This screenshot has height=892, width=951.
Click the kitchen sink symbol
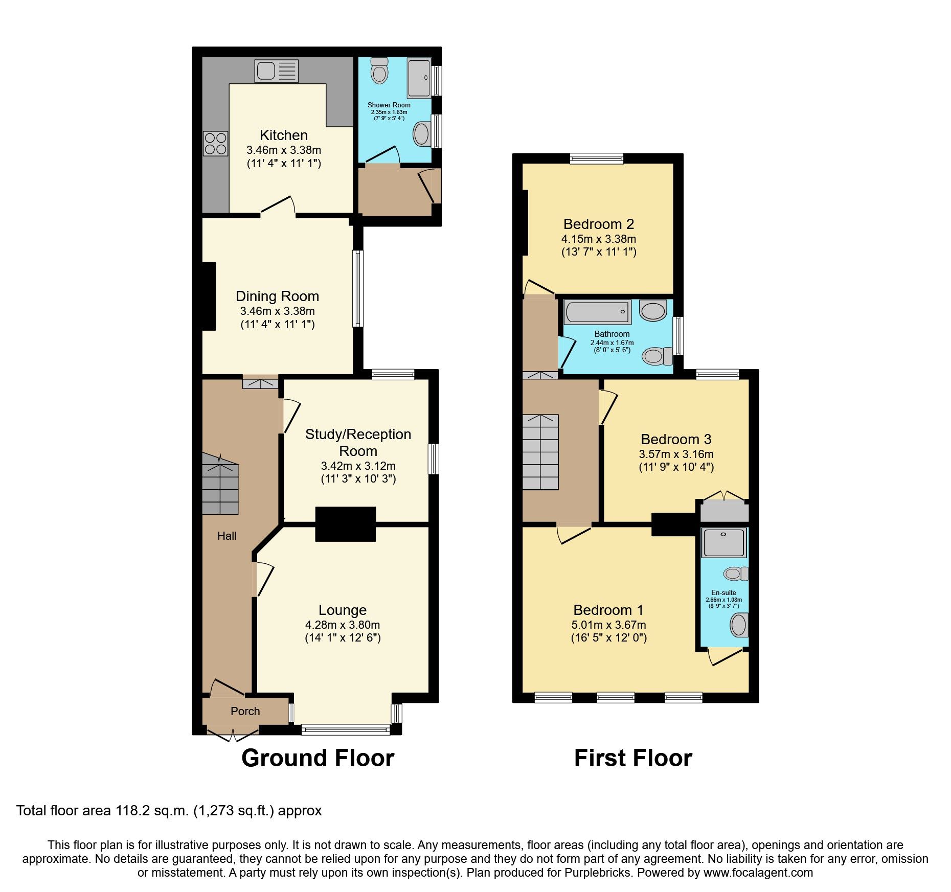pos(276,71)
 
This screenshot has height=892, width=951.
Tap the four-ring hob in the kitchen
pos(215,144)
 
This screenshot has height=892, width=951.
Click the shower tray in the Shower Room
pos(419,78)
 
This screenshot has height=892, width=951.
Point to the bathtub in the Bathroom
pos(597,312)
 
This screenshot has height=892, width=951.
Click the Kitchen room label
pos(284,135)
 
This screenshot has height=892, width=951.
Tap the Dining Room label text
pos(277,296)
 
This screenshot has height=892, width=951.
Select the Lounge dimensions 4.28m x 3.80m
pos(342,625)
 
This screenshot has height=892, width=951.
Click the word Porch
pos(245,711)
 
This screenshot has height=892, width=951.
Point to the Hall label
pos(227,536)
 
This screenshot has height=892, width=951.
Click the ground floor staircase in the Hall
pos(220,486)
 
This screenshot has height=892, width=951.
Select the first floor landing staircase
pos(540,452)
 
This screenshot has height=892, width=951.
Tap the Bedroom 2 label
pos(598,224)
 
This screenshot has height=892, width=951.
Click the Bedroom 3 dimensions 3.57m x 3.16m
pos(676,454)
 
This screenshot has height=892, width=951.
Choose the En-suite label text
pos(723,593)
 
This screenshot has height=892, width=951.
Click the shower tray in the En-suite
pos(724,543)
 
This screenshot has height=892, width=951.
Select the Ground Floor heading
pos(318,758)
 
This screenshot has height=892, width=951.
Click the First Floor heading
pos(633,758)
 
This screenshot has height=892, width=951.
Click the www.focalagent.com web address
pos(758,873)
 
